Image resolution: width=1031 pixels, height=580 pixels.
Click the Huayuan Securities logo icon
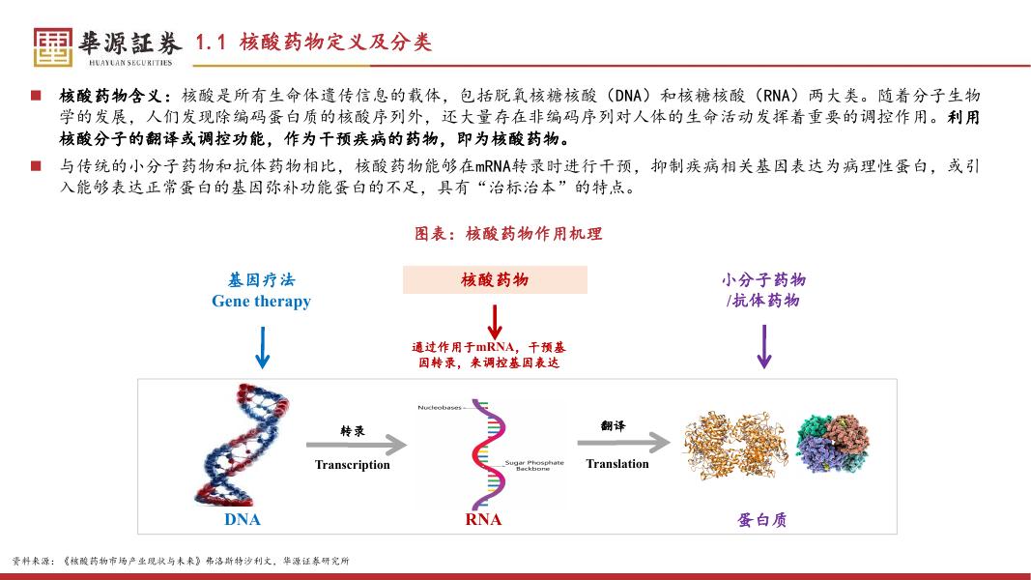[52, 45]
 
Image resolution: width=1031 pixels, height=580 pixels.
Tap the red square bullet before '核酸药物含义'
[36, 96]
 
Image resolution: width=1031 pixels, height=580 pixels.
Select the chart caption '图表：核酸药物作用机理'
[508, 234]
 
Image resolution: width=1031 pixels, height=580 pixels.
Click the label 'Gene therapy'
[261, 302]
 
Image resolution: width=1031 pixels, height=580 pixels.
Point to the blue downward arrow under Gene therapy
[261, 347]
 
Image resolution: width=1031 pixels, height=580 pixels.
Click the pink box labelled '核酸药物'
[495, 280]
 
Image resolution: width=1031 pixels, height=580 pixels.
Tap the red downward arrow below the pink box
[495, 321]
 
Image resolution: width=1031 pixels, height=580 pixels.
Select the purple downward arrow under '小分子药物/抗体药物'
[763, 346]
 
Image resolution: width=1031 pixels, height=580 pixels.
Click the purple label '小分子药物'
[763, 280]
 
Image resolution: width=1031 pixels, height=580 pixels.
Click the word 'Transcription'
[353, 465]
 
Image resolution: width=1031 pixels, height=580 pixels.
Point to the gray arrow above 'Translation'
[623, 443]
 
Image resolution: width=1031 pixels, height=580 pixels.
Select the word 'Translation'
[617, 464]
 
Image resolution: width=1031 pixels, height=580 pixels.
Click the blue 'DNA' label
[243, 519]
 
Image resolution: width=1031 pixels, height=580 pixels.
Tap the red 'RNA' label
[483, 519]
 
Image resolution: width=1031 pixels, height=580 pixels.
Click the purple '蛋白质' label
[761, 519]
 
